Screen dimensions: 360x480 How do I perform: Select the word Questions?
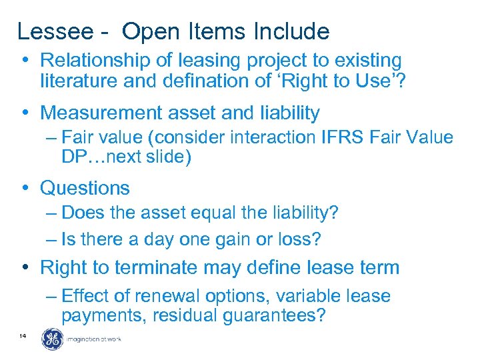pos(85,188)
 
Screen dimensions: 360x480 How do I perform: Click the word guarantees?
pos(276,315)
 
